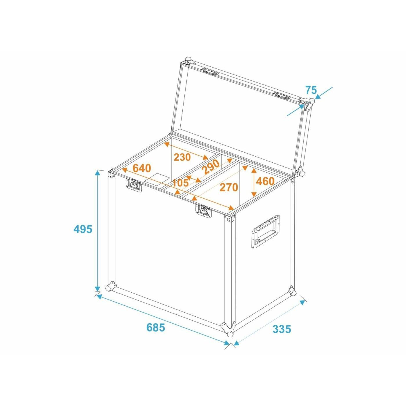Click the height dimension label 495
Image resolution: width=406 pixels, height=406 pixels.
[83, 229]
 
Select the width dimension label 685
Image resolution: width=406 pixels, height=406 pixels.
[156, 333]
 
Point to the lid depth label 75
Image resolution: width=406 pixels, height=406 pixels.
[311, 90]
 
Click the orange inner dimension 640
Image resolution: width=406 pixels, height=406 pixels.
[142, 168]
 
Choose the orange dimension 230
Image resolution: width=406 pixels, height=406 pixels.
[182, 157]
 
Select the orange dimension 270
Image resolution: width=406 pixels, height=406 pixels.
[229, 187]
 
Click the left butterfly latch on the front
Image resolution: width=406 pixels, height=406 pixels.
[134, 185]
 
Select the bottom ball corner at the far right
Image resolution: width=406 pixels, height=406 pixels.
[292, 291]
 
